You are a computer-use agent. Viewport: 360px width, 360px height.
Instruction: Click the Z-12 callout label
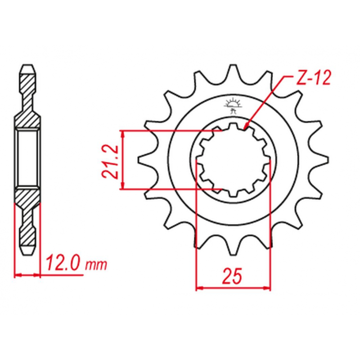(x=313, y=77)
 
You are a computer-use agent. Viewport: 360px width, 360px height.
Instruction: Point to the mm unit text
(x=96, y=265)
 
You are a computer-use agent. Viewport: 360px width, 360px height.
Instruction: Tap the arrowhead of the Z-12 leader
(x=245, y=126)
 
